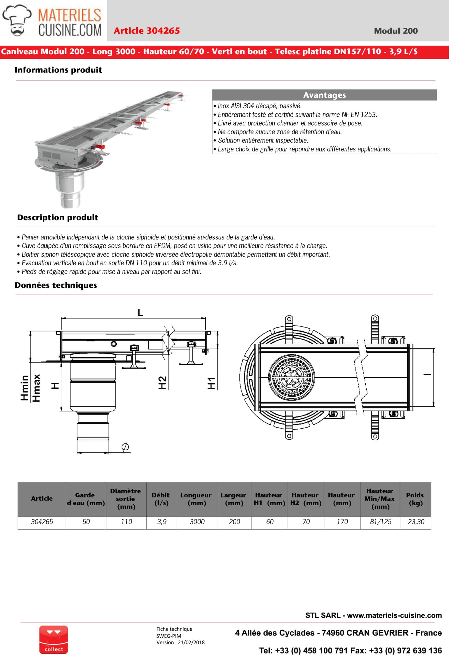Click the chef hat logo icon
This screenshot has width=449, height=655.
click(x=17, y=20)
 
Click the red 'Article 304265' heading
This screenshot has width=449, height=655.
click(x=147, y=31)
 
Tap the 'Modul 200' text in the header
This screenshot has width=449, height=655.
click(x=396, y=31)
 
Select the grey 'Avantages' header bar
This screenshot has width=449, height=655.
click(x=324, y=95)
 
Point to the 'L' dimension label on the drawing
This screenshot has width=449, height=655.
click(x=140, y=312)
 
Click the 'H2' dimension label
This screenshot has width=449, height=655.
click(x=162, y=383)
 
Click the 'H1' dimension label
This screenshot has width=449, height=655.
click(x=211, y=383)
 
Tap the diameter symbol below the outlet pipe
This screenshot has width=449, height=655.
click(x=125, y=446)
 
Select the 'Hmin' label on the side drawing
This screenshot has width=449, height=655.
click(x=25, y=388)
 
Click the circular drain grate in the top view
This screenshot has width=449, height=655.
click(x=291, y=377)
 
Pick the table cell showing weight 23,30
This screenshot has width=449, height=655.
click(x=416, y=522)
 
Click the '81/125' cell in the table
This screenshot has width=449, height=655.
click(x=380, y=522)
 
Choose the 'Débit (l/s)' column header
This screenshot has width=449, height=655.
click(x=161, y=499)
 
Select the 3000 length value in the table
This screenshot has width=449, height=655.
click(x=197, y=522)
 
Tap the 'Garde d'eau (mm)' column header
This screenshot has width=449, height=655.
click(x=86, y=499)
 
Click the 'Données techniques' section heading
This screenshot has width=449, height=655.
click(x=56, y=285)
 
